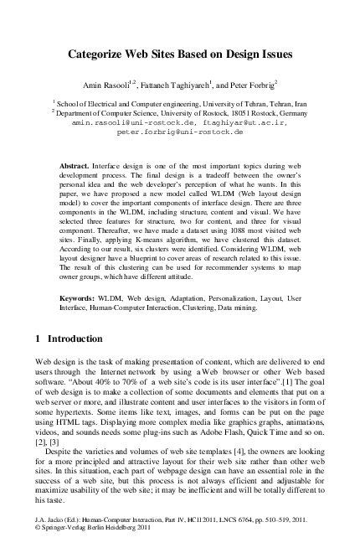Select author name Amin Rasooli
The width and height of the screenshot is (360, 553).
tap(105, 85)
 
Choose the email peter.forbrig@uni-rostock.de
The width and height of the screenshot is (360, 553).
tap(180, 132)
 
